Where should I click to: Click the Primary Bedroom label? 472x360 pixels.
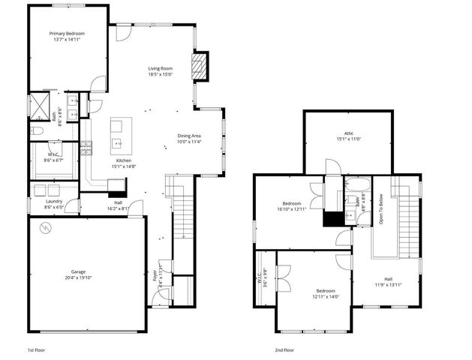pyautogui.click(x=67, y=33)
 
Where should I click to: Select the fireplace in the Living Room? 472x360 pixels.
pyautogui.click(x=199, y=66)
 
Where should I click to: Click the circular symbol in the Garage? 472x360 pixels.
pyautogui.click(x=46, y=232)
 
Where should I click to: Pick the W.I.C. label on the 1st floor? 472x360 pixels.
pyautogui.click(x=53, y=154)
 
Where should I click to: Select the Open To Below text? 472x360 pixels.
pyautogui.click(x=380, y=210)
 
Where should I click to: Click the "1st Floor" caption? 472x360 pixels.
pyautogui.click(x=38, y=349)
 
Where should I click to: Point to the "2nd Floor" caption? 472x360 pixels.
pyautogui.click(x=284, y=349)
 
